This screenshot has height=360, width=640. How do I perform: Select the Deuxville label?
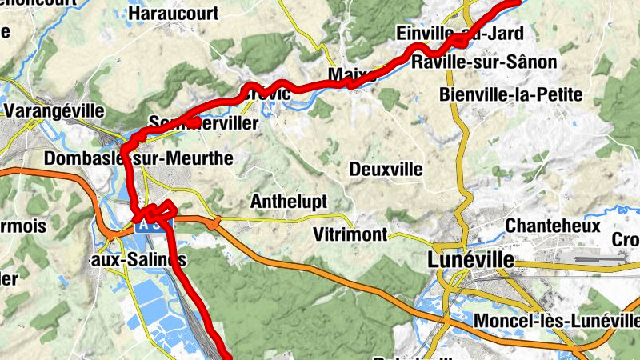click(386, 169)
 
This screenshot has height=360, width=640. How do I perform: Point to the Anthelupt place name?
click(289, 202)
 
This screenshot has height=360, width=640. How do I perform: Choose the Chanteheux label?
click(553, 226)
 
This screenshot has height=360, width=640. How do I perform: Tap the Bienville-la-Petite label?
click(510, 94)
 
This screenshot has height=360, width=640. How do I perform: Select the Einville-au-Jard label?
click(460, 34)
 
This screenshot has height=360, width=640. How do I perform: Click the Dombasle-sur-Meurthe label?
click(138, 158)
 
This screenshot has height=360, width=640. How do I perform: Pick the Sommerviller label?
click(203, 124)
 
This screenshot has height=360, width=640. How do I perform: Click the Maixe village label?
click(346, 76)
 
